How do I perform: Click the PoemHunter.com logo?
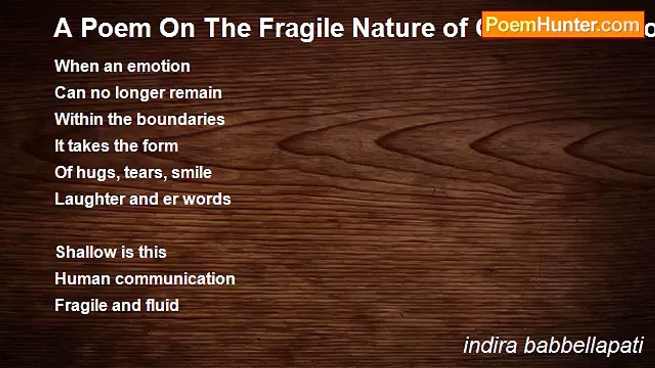[x=562, y=25]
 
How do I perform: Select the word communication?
[x=176, y=279]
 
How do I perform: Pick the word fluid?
[x=162, y=306]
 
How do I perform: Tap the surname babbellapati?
[x=583, y=346]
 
